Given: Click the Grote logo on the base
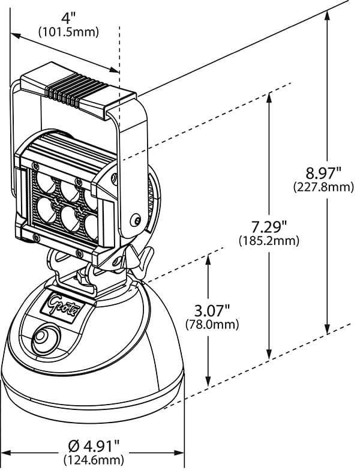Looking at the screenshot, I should (64, 300).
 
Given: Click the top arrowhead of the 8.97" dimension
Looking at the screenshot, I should (327, 13).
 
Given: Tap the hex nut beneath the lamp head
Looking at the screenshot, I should (80, 279).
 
